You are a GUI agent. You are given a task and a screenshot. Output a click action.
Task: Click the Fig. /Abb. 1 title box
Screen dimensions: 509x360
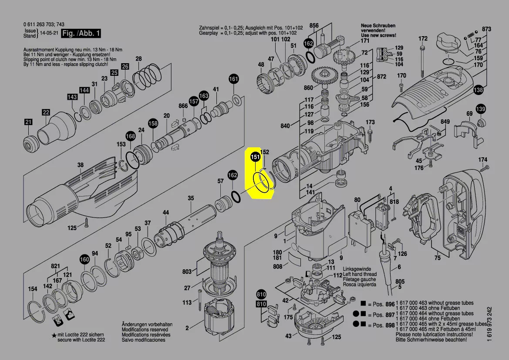81,33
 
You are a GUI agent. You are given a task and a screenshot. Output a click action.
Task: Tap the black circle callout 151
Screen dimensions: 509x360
256,157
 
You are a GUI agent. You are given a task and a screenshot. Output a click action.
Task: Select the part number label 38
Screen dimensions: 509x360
81,165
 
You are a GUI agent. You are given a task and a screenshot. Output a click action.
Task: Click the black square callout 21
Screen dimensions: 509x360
29,122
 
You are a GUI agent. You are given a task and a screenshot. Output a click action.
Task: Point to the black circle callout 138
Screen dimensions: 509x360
478,90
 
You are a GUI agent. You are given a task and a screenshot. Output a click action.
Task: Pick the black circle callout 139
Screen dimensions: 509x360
481,109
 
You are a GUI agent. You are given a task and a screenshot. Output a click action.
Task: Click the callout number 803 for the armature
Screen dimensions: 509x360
187,271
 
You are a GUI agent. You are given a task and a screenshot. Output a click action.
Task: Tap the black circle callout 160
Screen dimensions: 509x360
84,259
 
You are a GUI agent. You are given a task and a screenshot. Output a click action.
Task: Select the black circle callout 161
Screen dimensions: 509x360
234,78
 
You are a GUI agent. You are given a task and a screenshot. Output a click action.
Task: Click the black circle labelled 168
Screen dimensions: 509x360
131,136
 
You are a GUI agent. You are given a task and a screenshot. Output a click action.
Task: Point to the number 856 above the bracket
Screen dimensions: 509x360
314,25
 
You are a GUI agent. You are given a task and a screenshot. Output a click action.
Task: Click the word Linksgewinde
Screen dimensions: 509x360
357,269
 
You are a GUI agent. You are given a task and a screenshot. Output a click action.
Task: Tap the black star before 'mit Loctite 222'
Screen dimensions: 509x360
54,335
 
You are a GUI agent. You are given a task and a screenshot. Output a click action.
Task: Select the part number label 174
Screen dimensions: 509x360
483,160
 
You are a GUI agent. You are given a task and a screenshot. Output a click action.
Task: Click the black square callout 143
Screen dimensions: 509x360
72,97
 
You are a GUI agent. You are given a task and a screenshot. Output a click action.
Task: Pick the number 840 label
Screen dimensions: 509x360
285,126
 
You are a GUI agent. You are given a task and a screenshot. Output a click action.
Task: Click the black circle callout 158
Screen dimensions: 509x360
153,123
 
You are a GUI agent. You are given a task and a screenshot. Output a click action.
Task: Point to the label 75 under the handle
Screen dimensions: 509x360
438,258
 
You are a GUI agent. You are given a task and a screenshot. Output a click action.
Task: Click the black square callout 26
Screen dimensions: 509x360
125,66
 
